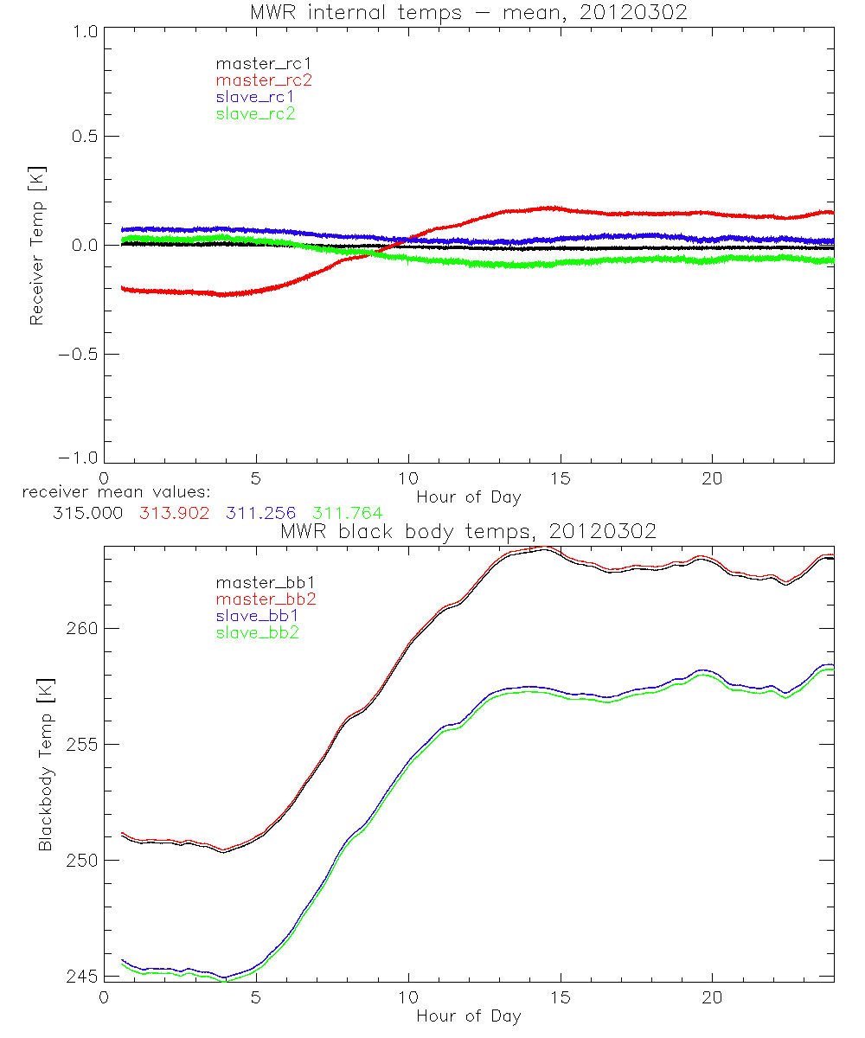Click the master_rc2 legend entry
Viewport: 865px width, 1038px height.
click(x=264, y=80)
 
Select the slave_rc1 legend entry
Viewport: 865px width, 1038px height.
click(x=255, y=97)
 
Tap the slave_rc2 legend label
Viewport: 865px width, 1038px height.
click(x=255, y=113)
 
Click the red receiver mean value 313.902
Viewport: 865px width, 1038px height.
click(x=174, y=513)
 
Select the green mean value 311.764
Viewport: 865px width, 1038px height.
click(x=347, y=513)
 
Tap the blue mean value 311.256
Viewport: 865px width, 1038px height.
click(x=260, y=513)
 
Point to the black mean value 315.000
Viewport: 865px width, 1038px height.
click(x=87, y=513)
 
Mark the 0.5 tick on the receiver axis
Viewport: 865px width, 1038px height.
click(x=81, y=137)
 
